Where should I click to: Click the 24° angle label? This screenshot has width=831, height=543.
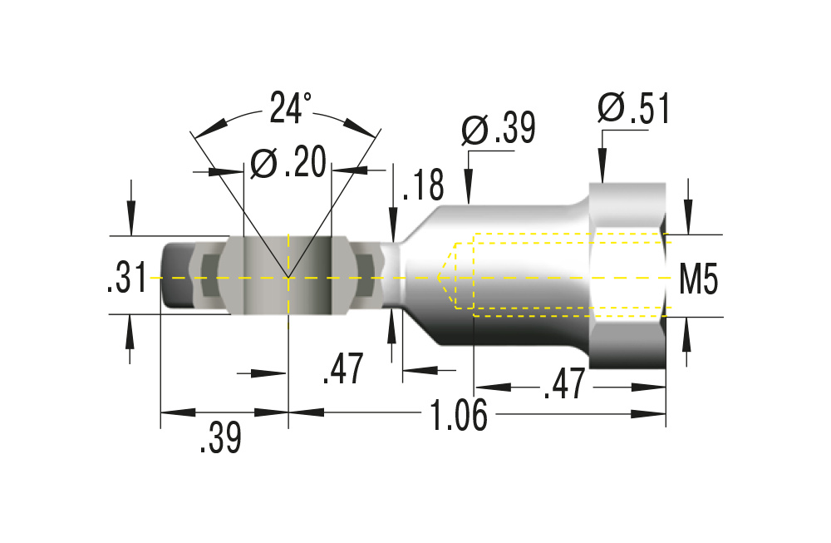point(290,108)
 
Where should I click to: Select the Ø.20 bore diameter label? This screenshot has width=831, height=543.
point(288,164)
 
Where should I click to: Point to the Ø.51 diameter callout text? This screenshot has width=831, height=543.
point(633,109)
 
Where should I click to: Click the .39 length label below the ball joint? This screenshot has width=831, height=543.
point(220,437)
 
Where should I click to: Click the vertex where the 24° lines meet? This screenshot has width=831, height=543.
point(288,277)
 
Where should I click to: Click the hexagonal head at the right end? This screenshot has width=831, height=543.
point(627,276)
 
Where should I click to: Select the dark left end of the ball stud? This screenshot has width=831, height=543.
point(176,276)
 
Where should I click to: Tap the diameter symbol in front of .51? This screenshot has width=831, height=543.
point(611,109)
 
